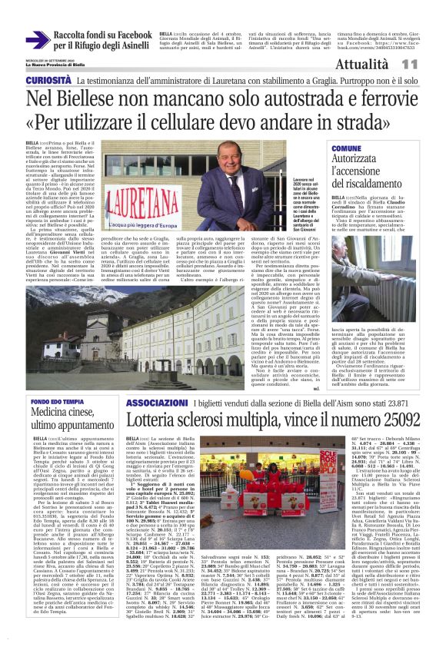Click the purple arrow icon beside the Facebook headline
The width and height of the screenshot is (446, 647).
tap(37, 41)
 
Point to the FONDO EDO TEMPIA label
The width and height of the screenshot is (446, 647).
tap(58, 402)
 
